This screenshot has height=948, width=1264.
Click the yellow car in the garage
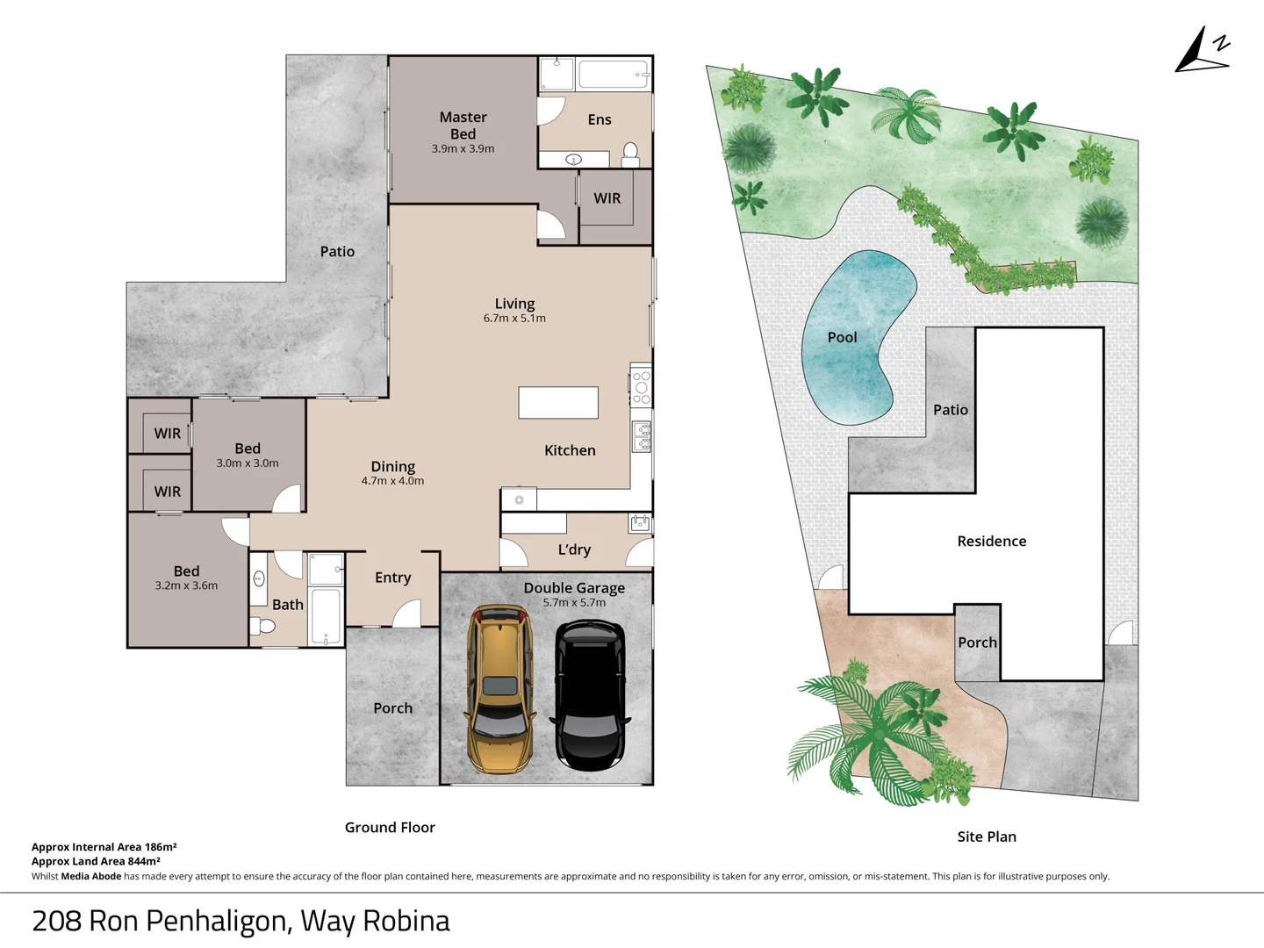point(499,689)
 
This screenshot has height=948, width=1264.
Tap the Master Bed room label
point(463,126)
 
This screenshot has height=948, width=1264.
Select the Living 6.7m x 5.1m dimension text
point(514,319)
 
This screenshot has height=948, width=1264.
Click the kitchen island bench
point(558,403)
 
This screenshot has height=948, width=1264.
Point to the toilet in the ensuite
point(630,154)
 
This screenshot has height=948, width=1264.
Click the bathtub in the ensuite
point(614,75)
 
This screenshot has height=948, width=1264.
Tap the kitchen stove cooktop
point(642,387)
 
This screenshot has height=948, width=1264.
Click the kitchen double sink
point(643,436)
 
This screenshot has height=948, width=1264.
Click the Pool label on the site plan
point(842,337)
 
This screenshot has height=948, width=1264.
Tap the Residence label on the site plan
point(991,542)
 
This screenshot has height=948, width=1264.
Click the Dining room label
point(392,467)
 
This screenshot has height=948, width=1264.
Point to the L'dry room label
point(574,549)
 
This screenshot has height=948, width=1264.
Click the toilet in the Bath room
point(263,626)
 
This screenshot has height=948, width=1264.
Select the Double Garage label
point(574,588)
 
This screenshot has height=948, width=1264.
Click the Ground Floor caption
point(390,828)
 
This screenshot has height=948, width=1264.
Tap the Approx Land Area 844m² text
point(96,861)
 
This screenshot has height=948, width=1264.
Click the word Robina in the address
point(406,921)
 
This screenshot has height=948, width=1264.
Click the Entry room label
point(392,578)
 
